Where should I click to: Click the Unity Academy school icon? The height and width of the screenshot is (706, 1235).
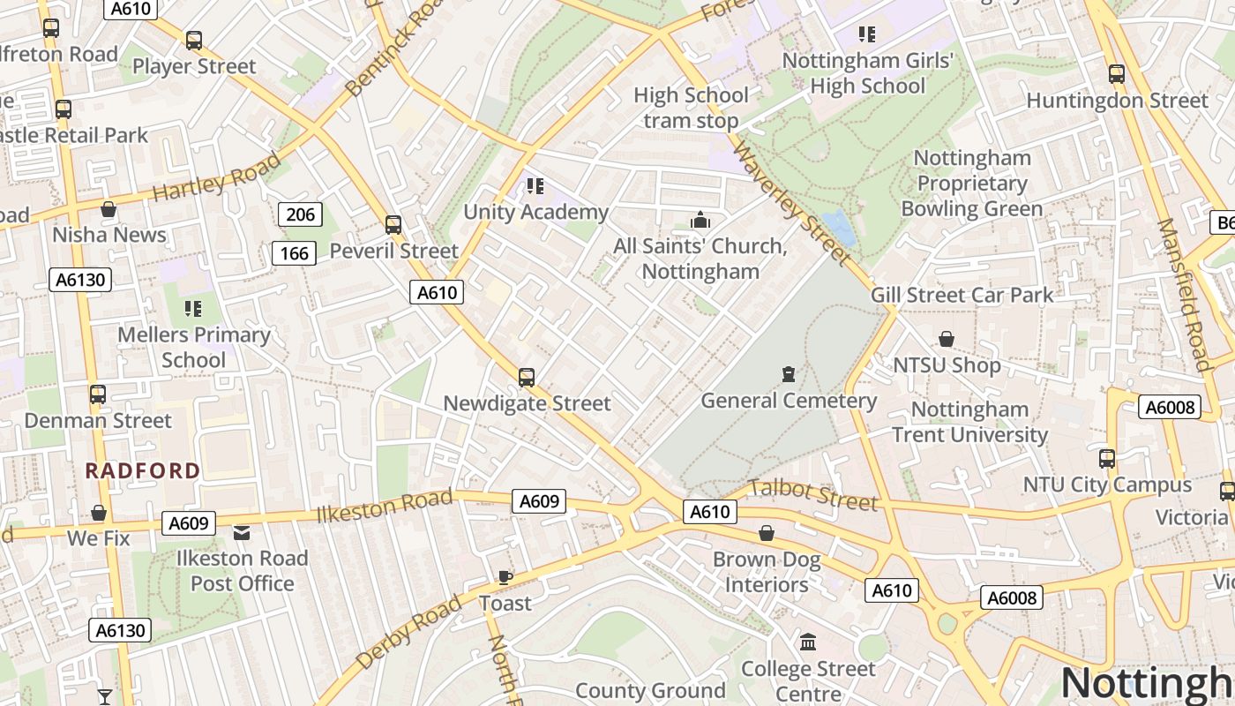tap(535, 185)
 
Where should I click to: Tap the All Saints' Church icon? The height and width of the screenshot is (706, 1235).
tap(700, 220)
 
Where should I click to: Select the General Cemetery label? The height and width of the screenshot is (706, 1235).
tap(789, 401)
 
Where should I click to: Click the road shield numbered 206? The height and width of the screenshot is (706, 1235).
tap(300, 214)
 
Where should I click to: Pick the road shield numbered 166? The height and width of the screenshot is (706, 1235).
tap(294, 254)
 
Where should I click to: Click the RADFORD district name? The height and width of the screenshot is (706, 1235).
tap(143, 470)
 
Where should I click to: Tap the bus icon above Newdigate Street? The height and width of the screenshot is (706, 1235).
tap(527, 378)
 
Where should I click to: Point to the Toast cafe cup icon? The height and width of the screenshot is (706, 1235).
tap(505, 577)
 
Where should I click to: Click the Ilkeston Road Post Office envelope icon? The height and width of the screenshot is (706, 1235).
tap(242, 532)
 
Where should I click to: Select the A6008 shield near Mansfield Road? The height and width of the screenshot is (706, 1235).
tap(1171, 407)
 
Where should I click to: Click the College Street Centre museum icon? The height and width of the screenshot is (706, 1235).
tap(808, 642)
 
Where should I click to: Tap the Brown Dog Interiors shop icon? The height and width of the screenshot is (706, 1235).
tap(767, 533)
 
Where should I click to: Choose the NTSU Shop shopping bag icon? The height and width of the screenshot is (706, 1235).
tap(947, 339)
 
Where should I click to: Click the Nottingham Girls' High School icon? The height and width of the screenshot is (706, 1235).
tap(867, 34)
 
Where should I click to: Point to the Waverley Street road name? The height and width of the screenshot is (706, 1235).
tap(791, 202)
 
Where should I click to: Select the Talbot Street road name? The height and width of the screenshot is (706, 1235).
tap(813, 496)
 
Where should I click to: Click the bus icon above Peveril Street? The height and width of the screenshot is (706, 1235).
tap(393, 225)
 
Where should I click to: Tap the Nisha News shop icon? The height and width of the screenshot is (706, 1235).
tap(109, 209)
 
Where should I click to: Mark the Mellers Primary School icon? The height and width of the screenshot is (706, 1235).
tap(193, 309)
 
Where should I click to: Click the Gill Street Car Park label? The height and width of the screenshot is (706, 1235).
tap(962, 295)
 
